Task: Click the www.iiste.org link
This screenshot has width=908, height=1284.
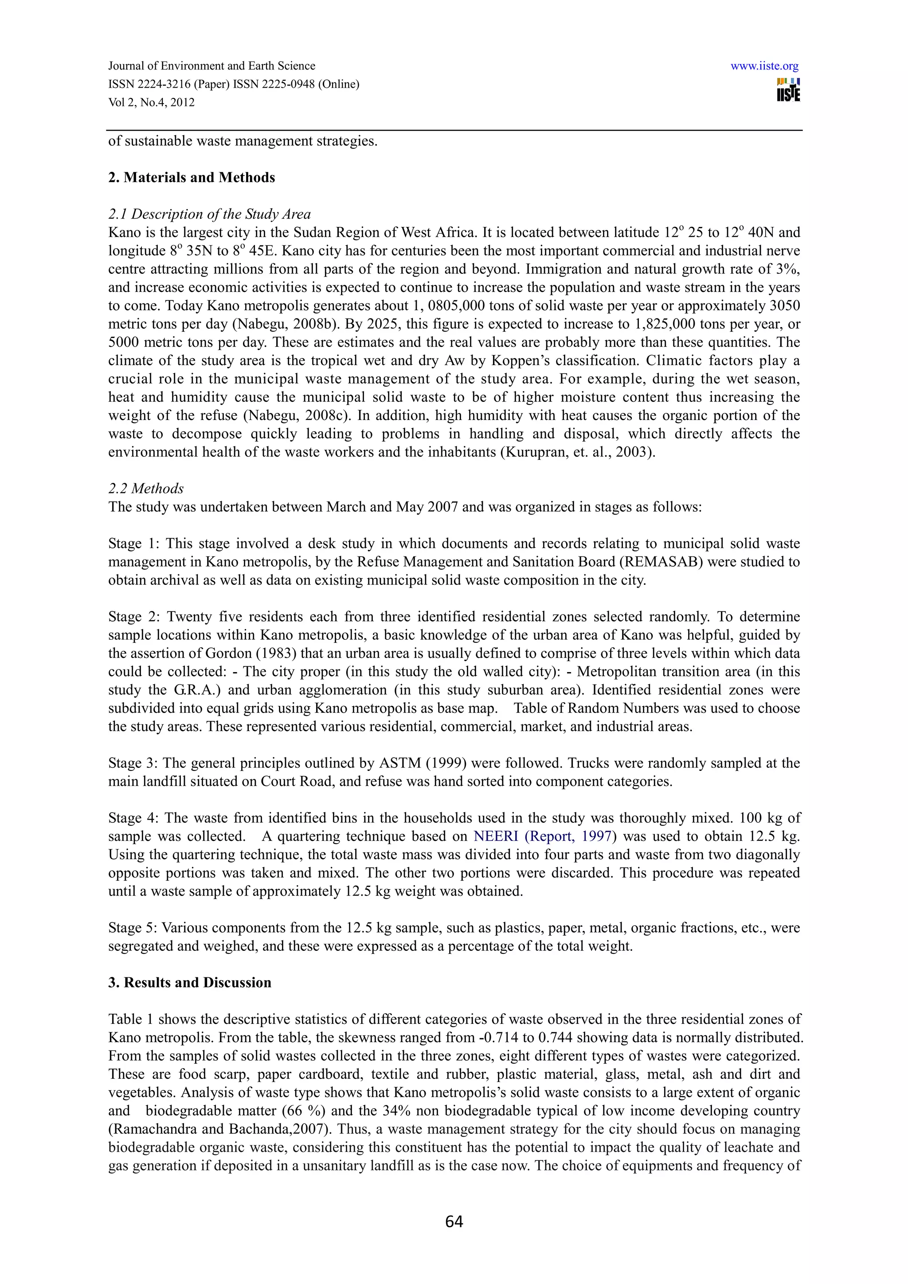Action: click(x=764, y=66)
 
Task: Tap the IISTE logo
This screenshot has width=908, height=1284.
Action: click(x=788, y=90)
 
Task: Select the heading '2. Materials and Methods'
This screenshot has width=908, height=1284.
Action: click(x=192, y=177)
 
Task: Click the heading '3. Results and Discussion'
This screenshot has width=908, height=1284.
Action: click(x=190, y=983)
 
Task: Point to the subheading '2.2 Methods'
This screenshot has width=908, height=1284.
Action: click(x=146, y=488)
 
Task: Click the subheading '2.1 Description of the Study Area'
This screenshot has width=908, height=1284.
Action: click(x=209, y=214)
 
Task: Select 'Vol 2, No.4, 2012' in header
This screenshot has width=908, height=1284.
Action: click(x=152, y=102)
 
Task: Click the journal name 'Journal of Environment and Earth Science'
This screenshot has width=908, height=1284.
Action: click(x=211, y=66)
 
